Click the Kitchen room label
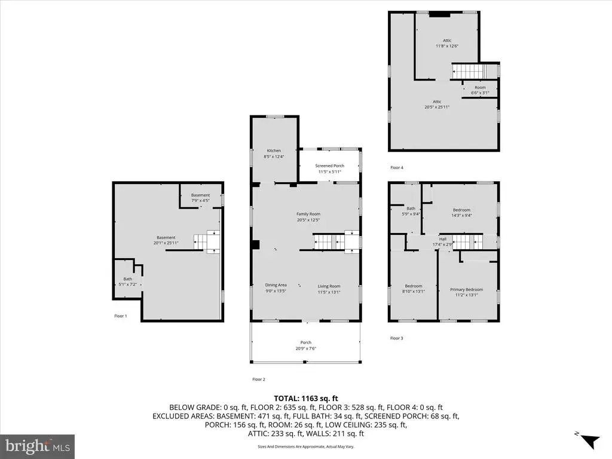pos(274,151)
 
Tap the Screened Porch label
pos(330,166)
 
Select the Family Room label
pos(308,214)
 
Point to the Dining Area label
pos(276,285)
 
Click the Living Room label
pos(329,286)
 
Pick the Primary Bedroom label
pos(466,290)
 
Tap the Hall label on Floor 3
pos(443,239)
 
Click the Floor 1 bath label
pos(128,279)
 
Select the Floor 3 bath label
pos(411,209)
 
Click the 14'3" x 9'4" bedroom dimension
pos(462,215)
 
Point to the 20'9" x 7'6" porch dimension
pos(305,348)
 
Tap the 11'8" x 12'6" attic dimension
pos(447,45)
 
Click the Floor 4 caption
pos(397,168)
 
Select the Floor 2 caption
pos(258,380)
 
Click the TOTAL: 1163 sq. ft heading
pos(305,399)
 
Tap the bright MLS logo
pos(38,446)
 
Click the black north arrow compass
pos(590,442)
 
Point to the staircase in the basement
pos(207,242)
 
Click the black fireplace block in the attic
pos(439,15)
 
